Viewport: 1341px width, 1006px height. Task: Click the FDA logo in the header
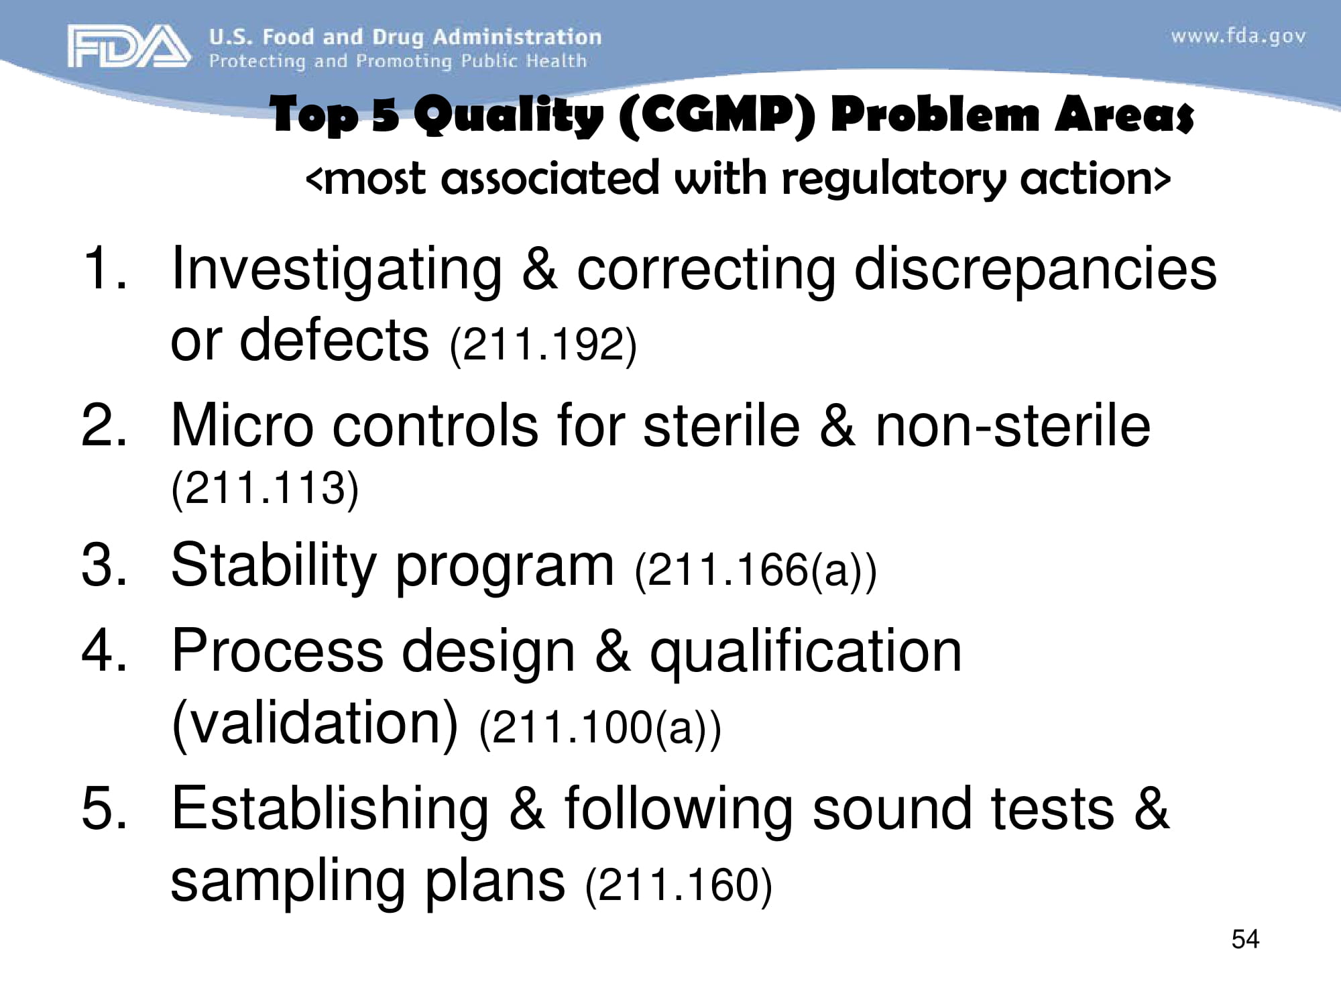pos(127,46)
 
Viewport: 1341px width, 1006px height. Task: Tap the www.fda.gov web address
pos(1238,36)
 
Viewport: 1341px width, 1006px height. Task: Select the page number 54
pos(1245,939)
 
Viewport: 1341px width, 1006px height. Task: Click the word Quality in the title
pos(508,115)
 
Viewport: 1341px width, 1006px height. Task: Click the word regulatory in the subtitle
pos(894,179)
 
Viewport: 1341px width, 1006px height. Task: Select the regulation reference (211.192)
pos(543,345)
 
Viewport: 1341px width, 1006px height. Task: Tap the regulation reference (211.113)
pos(265,488)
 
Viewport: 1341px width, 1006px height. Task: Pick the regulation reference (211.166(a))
pos(756,570)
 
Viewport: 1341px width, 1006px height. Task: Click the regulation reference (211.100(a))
pos(600,728)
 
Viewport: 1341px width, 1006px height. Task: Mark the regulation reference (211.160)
pos(679,885)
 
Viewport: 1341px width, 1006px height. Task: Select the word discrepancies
pos(1035,270)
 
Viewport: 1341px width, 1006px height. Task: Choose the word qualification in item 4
pos(806,652)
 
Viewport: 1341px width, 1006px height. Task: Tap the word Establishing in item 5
pos(330,810)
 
